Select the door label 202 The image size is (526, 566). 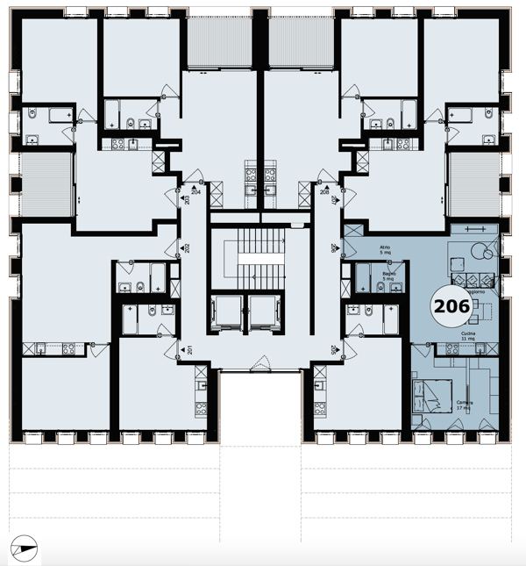click(x=186, y=248)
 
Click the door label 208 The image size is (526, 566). click(x=323, y=190)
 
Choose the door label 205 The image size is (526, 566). click(x=334, y=350)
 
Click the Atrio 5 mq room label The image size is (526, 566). click(x=384, y=252)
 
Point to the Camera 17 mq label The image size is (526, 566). click(x=464, y=405)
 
